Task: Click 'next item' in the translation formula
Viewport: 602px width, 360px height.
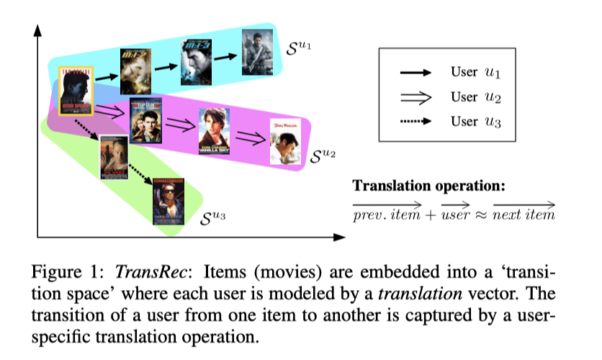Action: (x=524, y=215)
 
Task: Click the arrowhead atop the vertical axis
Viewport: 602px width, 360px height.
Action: (x=38, y=30)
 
